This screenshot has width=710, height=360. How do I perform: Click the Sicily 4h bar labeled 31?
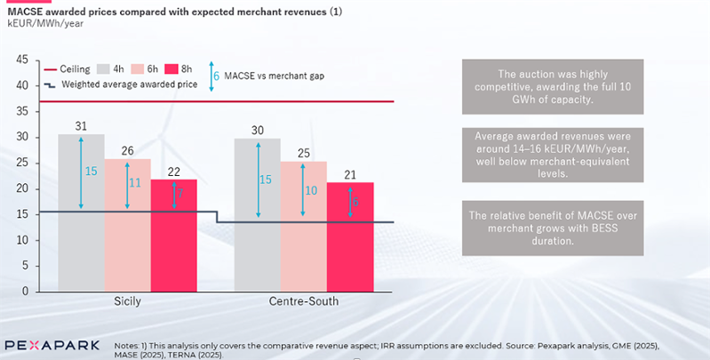click(81, 212)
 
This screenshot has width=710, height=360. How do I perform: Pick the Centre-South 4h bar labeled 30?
click(257, 214)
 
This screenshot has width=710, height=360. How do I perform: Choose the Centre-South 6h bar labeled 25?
click(303, 227)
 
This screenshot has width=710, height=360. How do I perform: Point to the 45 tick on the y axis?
click(24, 60)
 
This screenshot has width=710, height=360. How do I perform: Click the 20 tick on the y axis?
click(24, 188)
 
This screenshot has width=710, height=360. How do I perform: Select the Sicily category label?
click(128, 302)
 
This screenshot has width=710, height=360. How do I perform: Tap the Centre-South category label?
click(304, 302)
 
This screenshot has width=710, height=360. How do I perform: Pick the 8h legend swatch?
click(174, 68)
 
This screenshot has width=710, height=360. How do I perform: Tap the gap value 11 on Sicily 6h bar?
click(135, 182)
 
